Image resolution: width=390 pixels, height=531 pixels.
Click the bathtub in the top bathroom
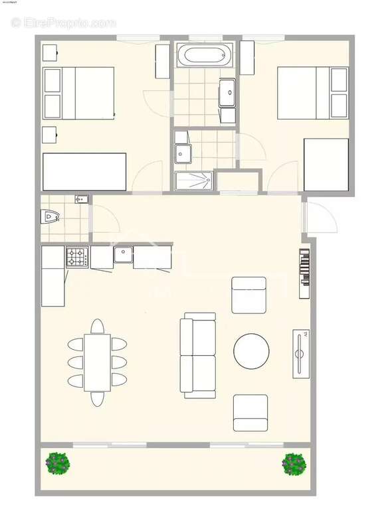205,56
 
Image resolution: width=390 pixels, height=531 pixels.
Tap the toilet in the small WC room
50,216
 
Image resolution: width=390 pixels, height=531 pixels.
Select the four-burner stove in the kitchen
76,257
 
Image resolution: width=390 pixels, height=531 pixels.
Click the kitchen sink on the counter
122,254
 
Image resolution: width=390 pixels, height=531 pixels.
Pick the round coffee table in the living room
251,350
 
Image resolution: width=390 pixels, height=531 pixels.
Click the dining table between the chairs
97,362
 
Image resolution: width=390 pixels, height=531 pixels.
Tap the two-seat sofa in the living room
198,356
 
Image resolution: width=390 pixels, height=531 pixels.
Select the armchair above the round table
248,295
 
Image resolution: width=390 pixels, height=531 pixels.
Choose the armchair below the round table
250,413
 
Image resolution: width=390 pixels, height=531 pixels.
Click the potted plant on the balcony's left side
58,463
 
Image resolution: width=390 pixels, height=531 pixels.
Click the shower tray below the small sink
194,180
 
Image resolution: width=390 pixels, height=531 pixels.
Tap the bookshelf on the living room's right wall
304,273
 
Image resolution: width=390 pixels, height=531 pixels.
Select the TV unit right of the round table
301,353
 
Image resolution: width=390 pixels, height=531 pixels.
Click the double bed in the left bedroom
78,93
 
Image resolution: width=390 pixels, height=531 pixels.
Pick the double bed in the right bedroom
312,93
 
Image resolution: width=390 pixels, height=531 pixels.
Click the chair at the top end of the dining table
97,326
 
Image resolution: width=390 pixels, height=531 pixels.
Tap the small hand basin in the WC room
81,199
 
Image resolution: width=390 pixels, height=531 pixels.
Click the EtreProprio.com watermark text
64,23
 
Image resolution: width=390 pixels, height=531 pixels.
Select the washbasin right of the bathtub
227,92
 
